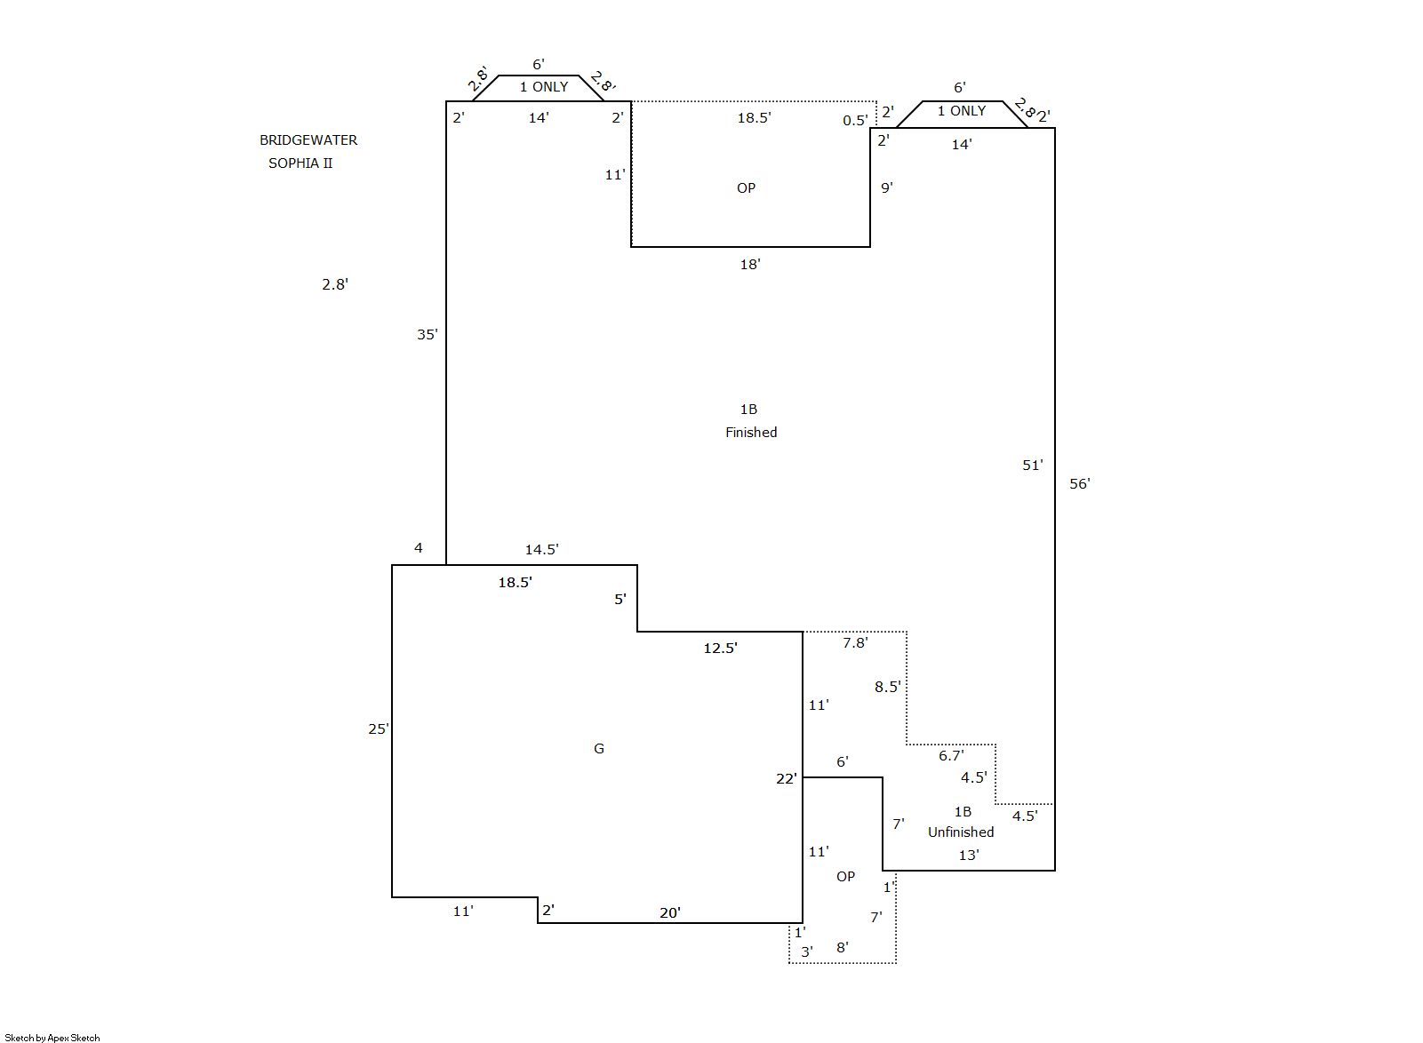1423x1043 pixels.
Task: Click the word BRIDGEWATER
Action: coord(308,140)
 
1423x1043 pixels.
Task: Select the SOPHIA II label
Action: coord(300,163)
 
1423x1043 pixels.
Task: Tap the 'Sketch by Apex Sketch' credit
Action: coord(52,1038)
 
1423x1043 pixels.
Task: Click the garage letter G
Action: coord(598,748)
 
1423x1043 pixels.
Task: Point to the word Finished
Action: coord(751,433)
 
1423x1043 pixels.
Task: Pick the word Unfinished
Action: coord(961,832)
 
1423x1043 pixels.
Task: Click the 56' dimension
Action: coord(1079,483)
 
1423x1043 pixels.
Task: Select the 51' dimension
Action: coord(1032,466)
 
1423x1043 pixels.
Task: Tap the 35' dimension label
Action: coord(427,335)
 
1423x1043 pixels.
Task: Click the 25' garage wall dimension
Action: coord(378,729)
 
